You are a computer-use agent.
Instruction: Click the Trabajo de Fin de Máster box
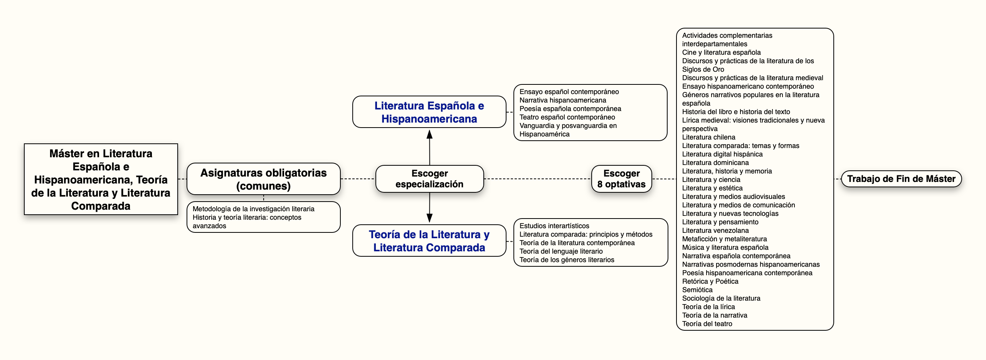click(901, 179)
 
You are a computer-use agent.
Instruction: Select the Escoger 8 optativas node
click(621, 179)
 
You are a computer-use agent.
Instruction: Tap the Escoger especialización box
click(429, 179)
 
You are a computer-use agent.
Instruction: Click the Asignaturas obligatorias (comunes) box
click(264, 179)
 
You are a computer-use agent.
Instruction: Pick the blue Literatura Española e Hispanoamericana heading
click(429, 112)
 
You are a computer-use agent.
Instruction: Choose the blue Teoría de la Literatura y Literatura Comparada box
click(429, 241)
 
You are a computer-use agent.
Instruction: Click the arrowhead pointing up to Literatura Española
click(429, 134)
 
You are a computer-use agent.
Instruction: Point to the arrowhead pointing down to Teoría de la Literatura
click(429, 218)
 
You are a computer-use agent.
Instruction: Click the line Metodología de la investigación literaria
click(254, 209)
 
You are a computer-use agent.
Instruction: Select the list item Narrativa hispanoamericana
click(563, 100)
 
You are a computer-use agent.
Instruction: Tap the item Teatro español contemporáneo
click(567, 117)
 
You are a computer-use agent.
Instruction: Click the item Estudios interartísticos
click(554, 226)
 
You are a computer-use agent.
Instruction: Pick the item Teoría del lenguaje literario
click(561, 251)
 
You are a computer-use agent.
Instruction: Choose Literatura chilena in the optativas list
click(709, 137)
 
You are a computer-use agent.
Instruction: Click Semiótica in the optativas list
click(697, 290)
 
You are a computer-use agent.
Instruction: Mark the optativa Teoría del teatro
click(707, 324)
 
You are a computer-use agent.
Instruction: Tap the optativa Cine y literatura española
click(722, 52)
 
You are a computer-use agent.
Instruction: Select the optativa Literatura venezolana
click(715, 230)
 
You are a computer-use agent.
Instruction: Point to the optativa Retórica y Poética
click(710, 281)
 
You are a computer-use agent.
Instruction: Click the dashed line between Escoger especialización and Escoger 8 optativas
click(538, 179)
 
